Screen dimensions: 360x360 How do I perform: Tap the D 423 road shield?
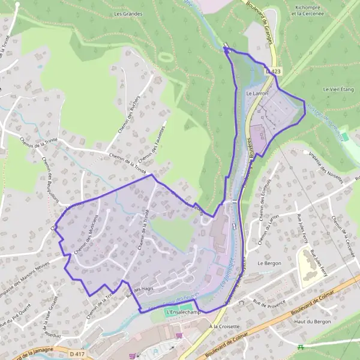click(273, 71)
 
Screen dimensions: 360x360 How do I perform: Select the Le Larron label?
click(257, 94)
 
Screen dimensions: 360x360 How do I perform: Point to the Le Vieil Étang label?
click(338, 89)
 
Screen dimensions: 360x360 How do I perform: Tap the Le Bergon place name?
click(269, 263)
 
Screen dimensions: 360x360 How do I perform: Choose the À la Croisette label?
click(224, 327)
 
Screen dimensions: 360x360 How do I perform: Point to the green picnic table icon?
click(301, 346)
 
